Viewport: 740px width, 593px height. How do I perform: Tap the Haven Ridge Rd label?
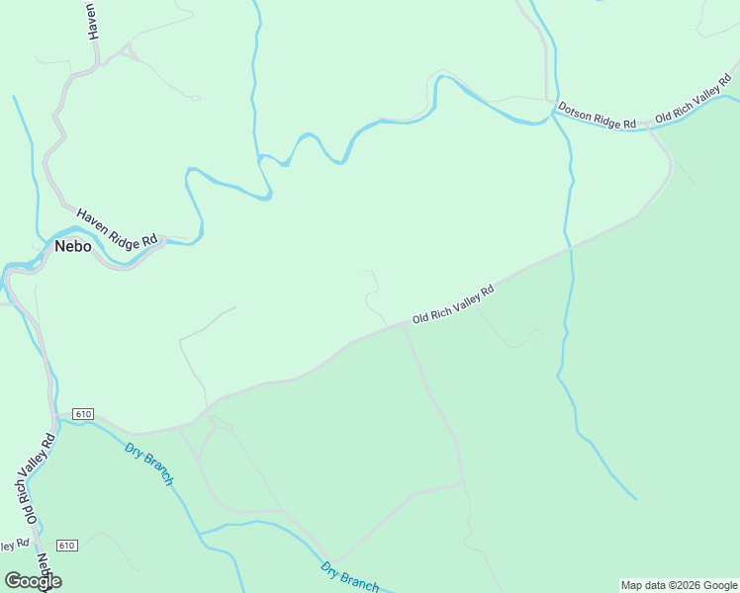(118, 227)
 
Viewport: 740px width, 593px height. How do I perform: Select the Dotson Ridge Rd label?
(597, 117)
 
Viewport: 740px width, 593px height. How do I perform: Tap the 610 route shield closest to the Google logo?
(67, 546)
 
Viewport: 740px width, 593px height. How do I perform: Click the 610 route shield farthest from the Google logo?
(82, 413)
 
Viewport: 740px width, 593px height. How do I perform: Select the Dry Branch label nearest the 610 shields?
(150, 464)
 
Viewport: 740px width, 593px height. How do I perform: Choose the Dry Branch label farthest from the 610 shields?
(349, 576)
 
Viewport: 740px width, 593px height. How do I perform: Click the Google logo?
(33, 581)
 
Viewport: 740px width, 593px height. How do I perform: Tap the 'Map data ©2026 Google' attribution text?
(679, 585)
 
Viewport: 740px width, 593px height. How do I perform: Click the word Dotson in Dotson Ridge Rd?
(575, 111)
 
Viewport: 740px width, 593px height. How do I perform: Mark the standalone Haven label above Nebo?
(93, 20)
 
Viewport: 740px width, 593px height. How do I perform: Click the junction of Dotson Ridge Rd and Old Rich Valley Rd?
(647, 126)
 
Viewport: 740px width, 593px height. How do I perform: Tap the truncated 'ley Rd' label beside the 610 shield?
(13, 545)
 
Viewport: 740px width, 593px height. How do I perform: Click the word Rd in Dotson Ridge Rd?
(628, 124)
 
